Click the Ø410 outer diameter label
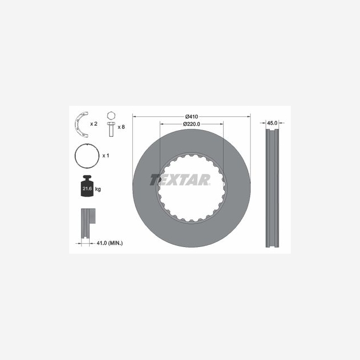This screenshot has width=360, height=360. click(x=192, y=117)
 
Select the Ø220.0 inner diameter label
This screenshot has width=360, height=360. click(x=192, y=124)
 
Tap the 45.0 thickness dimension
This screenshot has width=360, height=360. click(x=272, y=123)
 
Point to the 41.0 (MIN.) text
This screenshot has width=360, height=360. click(x=110, y=243)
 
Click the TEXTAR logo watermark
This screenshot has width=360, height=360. click(x=180, y=179)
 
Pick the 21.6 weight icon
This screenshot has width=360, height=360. click(x=88, y=186)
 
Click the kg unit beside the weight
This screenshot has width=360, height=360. click(x=98, y=189)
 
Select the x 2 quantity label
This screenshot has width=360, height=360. click(x=94, y=124)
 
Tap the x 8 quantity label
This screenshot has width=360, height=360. click(x=121, y=127)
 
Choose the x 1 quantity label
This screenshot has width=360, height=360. click(x=106, y=156)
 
